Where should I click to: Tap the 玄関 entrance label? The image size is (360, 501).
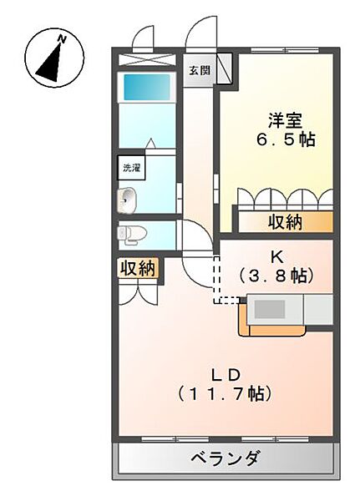point(198,71)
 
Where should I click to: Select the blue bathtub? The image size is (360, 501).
point(147,88)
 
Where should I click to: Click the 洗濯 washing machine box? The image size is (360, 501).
point(131,167)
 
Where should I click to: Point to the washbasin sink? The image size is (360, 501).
point(128,199)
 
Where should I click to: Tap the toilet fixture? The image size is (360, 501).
point(132,234)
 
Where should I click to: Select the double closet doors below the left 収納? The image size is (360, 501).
point(138,291)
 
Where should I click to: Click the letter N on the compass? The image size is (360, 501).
point(61,38)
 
